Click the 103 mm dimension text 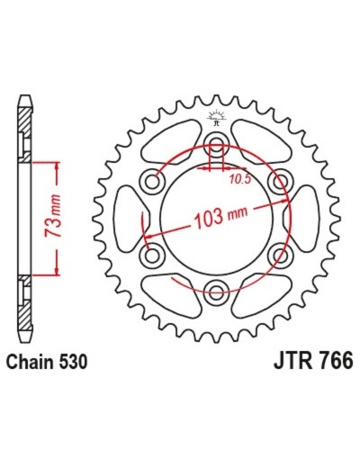click(x=221, y=216)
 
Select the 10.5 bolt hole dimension click(x=240, y=179)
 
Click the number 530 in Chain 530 click(x=73, y=362)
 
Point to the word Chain click(x=31, y=362)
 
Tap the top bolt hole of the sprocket click(x=216, y=143)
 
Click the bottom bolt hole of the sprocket click(x=216, y=292)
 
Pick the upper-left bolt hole click(x=152, y=181)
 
